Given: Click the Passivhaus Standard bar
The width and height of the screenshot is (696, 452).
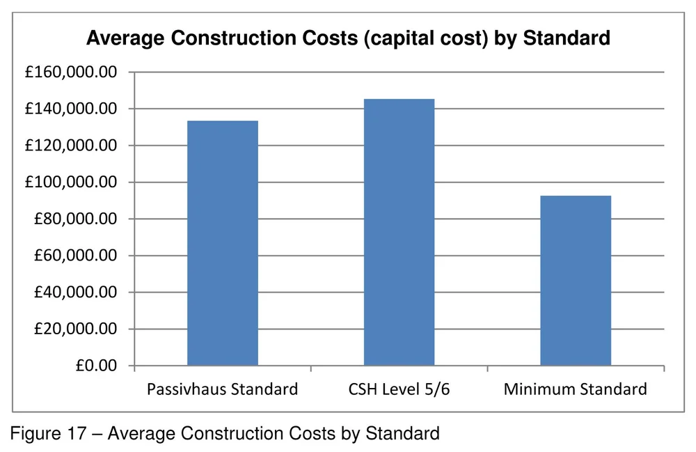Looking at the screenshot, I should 223,243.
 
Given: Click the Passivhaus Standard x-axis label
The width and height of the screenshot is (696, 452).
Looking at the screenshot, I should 222,389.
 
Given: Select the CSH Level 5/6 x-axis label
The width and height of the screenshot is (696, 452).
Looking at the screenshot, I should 400,389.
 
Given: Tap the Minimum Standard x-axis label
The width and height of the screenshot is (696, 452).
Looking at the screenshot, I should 576,389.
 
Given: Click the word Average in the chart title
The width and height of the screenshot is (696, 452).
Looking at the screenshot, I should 122,38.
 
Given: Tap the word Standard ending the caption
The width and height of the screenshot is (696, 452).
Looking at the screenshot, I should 407,434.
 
